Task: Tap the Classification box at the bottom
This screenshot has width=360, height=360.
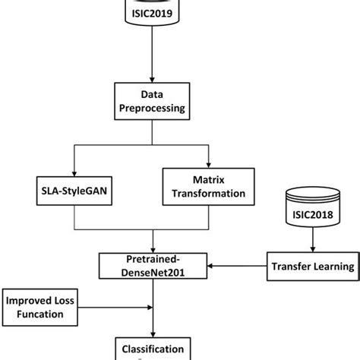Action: coord(153,350)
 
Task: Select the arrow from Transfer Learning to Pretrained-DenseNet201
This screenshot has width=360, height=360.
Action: coord(235,267)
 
